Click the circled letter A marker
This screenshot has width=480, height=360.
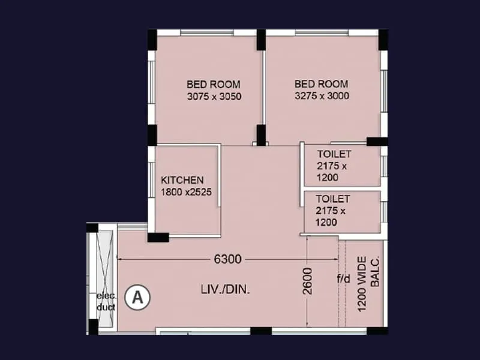[x=138, y=296]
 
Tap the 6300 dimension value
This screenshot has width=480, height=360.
[x=227, y=259]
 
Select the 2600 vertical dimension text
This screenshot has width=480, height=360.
[x=307, y=280]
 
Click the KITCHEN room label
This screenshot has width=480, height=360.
[x=182, y=180]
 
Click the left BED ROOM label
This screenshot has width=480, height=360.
[x=214, y=84]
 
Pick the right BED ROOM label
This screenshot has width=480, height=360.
[x=321, y=84]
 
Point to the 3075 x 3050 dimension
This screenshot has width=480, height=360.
[x=214, y=96]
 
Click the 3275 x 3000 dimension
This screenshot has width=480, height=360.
[x=322, y=96]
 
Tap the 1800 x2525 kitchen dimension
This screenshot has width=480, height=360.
[x=187, y=192]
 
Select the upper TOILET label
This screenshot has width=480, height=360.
[x=334, y=154]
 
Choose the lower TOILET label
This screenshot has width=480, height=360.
[x=333, y=198]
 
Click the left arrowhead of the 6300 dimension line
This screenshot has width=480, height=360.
[x=119, y=259]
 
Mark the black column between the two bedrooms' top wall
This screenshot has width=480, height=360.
[x=261, y=40]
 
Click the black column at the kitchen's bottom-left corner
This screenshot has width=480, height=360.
[x=158, y=237]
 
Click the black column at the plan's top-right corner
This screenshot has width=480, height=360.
[x=382, y=40]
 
